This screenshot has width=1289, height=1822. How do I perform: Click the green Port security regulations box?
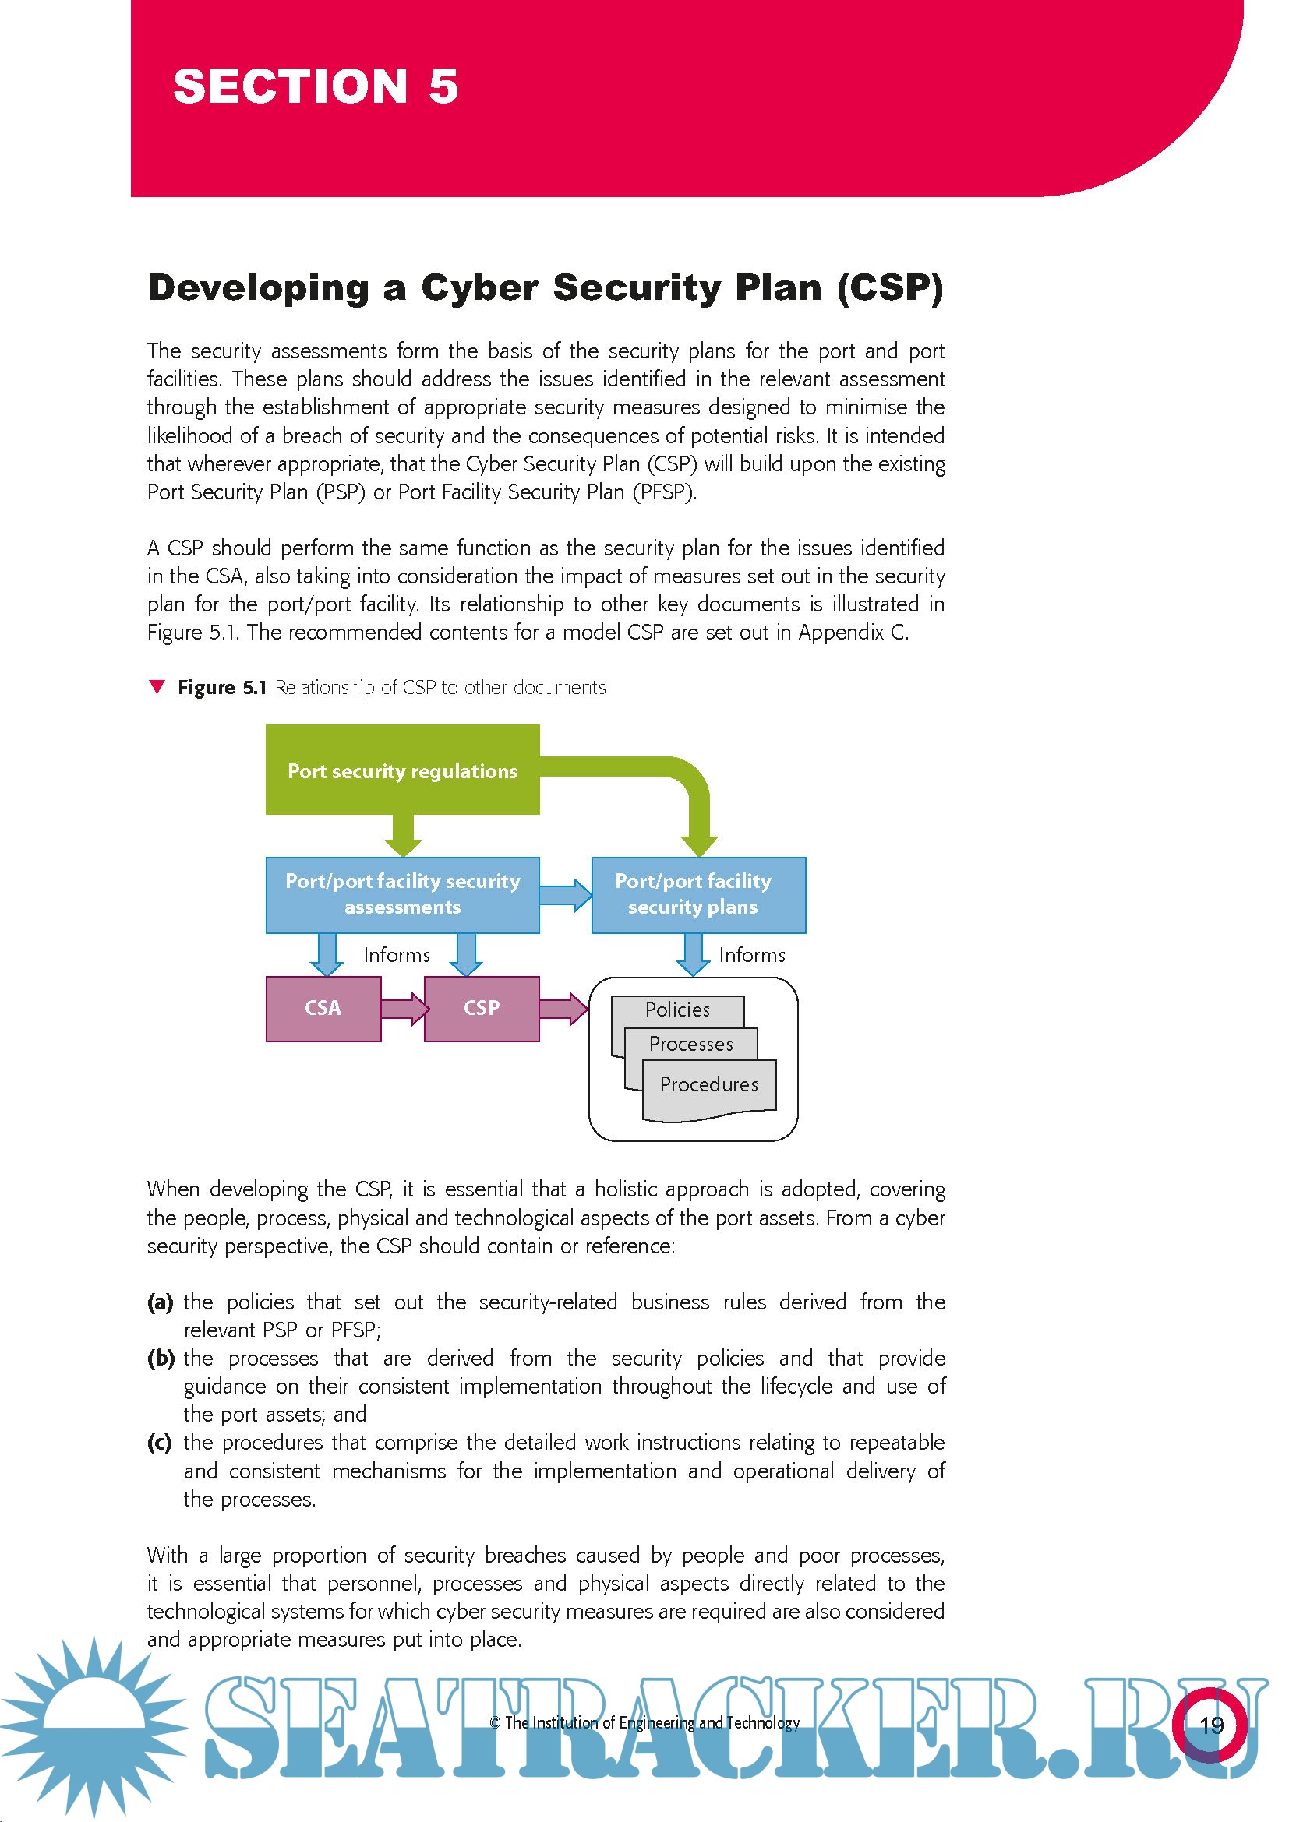tap(402, 770)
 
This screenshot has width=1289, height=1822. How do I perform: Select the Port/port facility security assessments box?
tap(402, 894)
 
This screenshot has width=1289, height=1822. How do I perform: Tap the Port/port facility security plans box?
tap(698, 894)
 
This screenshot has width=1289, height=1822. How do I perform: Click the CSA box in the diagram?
tap(323, 1008)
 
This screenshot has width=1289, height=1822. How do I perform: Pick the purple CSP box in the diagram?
tap(482, 1008)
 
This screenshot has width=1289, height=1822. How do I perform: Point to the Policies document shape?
tap(677, 1010)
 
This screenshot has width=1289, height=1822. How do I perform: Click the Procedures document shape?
tap(708, 1085)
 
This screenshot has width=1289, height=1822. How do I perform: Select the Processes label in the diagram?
tap(691, 1045)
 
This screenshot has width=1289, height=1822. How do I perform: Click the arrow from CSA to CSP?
tap(404, 1008)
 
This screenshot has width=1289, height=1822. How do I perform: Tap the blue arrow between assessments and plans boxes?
tap(565, 894)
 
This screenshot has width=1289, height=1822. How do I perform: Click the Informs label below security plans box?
tap(751, 955)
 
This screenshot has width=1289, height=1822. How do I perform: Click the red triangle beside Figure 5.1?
tap(157, 686)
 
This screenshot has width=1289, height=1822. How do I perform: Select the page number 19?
tap(1211, 1725)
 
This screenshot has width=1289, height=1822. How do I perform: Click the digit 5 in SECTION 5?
tap(443, 86)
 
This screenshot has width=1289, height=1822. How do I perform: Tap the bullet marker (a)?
tap(161, 1302)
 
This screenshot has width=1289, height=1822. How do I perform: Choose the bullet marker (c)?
tap(160, 1443)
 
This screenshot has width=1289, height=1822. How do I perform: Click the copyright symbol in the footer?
tap(496, 1723)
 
